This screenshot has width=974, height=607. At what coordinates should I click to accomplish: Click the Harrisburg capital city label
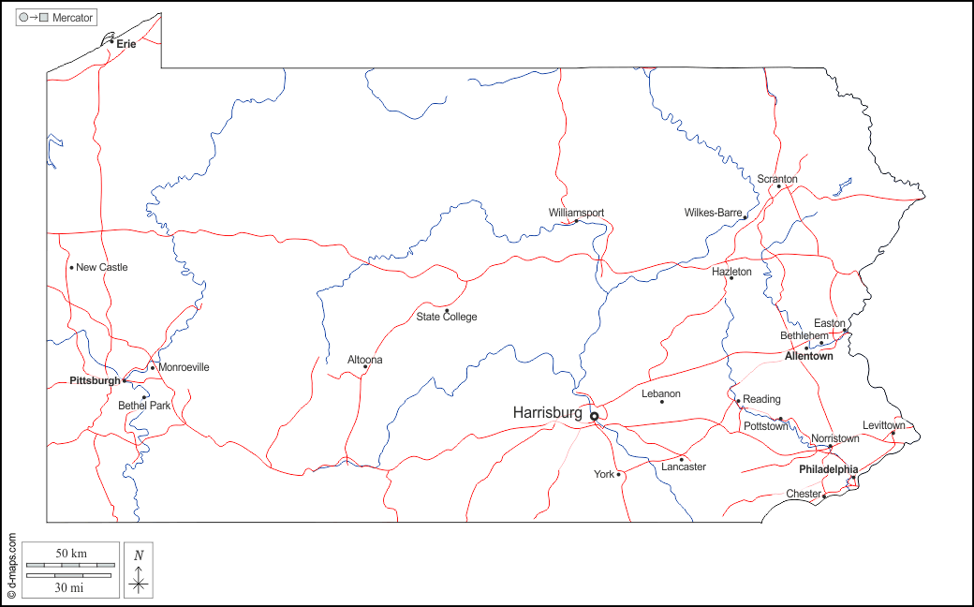pyautogui.click(x=547, y=412)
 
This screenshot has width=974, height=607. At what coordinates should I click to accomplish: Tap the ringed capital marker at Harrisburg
pyautogui.click(x=594, y=416)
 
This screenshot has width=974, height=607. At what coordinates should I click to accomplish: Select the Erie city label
pyautogui.click(x=126, y=44)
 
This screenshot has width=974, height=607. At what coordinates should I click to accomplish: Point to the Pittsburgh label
pyautogui.click(x=95, y=381)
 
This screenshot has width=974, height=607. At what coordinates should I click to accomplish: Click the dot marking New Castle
pyautogui.click(x=71, y=268)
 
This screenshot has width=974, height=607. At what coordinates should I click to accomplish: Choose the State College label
pyautogui.click(x=447, y=317)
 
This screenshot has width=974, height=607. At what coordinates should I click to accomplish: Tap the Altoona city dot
pyautogui.click(x=365, y=366)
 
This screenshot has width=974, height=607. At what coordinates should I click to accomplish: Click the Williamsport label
pyautogui.click(x=576, y=213)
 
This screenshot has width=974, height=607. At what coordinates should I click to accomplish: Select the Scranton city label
pyautogui.click(x=777, y=179)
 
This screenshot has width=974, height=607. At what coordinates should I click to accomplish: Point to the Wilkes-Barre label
pyautogui.click(x=713, y=213)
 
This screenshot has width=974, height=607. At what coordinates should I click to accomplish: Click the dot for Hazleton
pyautogui.click(x=731, y=278)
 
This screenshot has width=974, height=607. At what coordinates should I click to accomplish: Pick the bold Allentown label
pyautogui.click(x=809, y=356)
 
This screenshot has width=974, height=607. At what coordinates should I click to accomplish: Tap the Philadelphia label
pyautogui.click(x=828, y=469)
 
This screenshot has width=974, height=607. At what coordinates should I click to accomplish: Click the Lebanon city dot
pyautogui.click(x=661, y=402)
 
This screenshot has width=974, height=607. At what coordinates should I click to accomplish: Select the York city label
pyautogui.click(x=604, y=474)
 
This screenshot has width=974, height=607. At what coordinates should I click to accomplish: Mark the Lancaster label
pyautogui.click(x=684, y=466)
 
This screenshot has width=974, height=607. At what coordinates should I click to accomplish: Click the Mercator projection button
pyautogui.click(x=56, y=18)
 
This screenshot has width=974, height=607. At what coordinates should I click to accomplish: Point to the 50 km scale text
pyautogui.click(x=71, y=554)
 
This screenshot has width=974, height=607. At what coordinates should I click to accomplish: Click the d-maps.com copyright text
pyautogui.click(x=11, y=566)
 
